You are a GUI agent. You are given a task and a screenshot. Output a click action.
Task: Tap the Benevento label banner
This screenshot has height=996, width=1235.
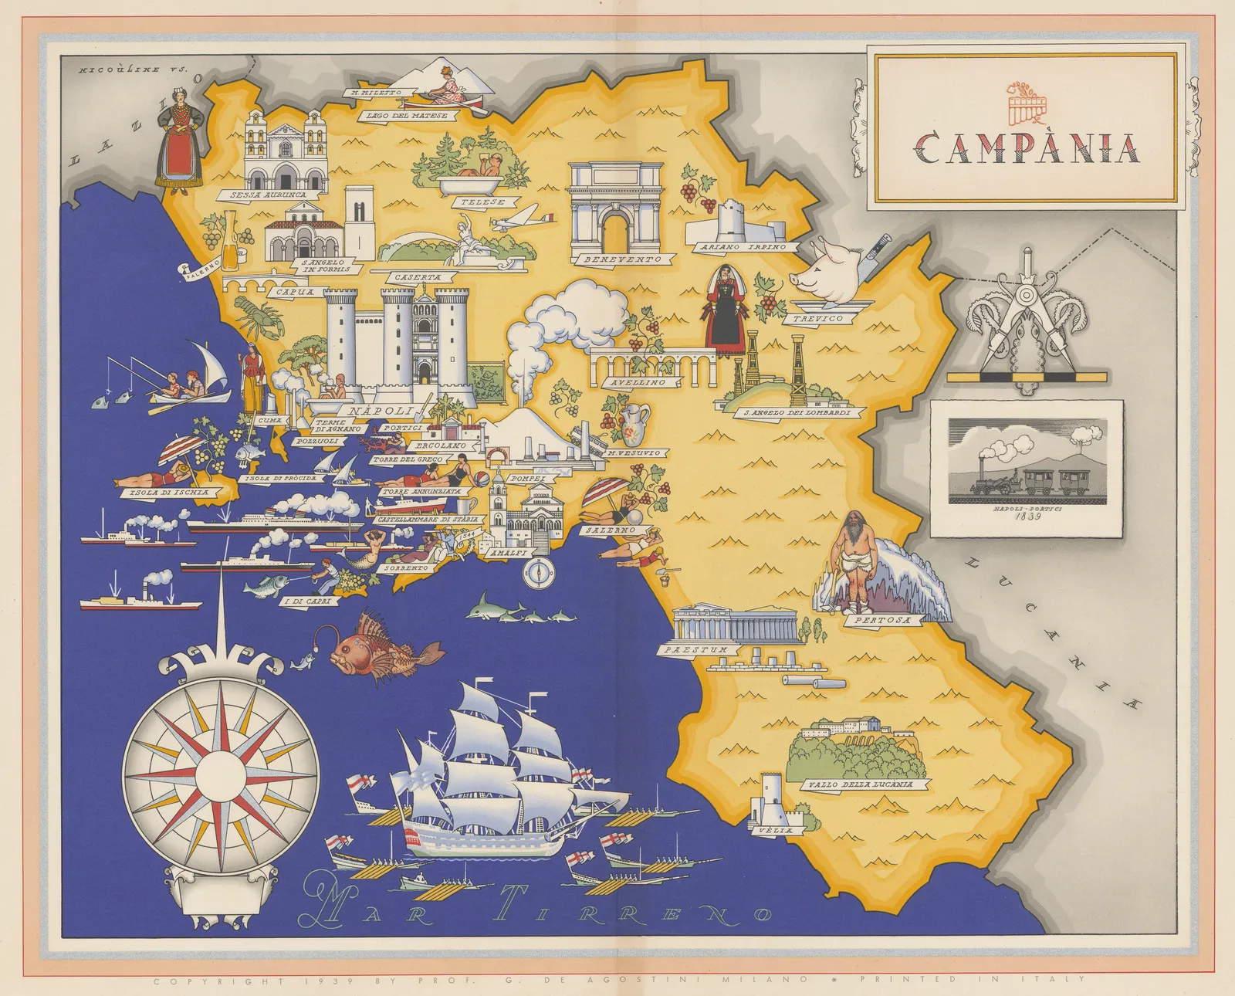point(622,259)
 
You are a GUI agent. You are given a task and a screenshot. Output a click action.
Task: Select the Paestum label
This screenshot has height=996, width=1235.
point(696,650)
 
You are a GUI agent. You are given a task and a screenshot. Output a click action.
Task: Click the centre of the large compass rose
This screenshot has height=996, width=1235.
point(220,771)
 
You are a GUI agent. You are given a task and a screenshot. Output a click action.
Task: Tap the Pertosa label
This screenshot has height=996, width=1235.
point(882,619)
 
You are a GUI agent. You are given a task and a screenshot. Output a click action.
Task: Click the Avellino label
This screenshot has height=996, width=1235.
point(638,382)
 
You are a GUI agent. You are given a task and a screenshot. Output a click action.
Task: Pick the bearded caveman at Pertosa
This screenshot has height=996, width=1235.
point(854,557)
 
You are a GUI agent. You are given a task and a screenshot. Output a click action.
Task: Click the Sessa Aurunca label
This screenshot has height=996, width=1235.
point(268,195)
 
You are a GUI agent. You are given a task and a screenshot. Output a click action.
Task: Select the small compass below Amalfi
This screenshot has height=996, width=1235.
point(538,572)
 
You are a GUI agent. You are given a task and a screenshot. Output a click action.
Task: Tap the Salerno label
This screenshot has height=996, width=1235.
point(610,530)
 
